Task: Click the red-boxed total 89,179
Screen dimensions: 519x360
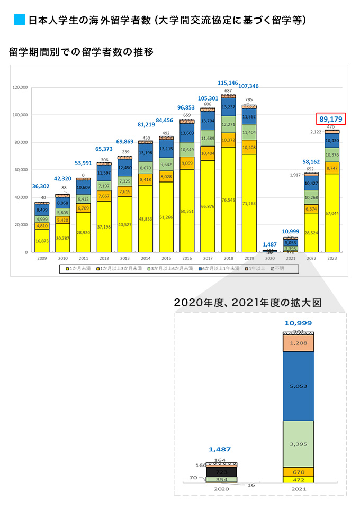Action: [x=331, y=119]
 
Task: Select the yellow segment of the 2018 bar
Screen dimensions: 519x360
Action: [x=228, y=199]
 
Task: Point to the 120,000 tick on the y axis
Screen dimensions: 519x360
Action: [x=20, y=87]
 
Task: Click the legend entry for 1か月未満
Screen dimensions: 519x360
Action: [x=77, y=269]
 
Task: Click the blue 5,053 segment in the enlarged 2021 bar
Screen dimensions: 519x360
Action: [x=298, y=386]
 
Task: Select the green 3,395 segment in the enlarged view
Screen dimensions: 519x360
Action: [x=298, y=443]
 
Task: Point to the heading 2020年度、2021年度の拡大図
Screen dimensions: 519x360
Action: [x=248, y=303]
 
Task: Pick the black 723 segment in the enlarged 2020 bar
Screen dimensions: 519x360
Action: [x=221, y=471]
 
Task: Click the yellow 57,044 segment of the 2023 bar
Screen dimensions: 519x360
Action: [x=331, y=213]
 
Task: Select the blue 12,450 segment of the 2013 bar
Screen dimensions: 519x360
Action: [x=125, y=168]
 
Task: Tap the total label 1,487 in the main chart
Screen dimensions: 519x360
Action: [x=269, y=244]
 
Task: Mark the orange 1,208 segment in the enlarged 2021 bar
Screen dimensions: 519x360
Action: [x=298, y=343]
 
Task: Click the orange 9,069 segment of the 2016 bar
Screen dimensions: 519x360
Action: [x=187, y=163]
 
